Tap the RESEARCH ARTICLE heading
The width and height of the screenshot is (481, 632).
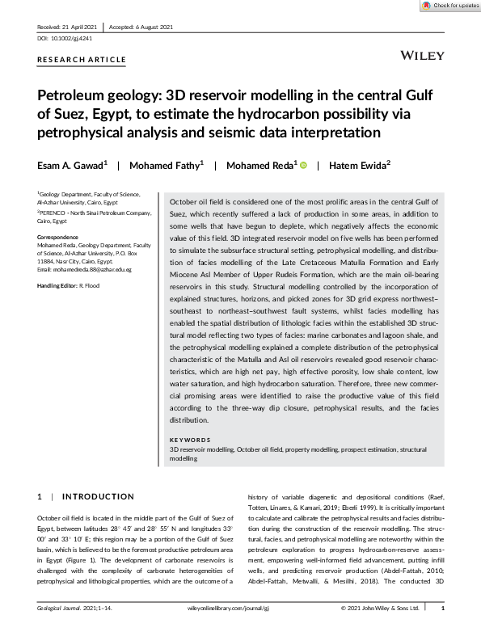point(82,60)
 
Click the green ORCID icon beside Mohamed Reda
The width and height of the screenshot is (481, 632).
point(304,166)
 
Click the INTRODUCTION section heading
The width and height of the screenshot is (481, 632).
point(99,496)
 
